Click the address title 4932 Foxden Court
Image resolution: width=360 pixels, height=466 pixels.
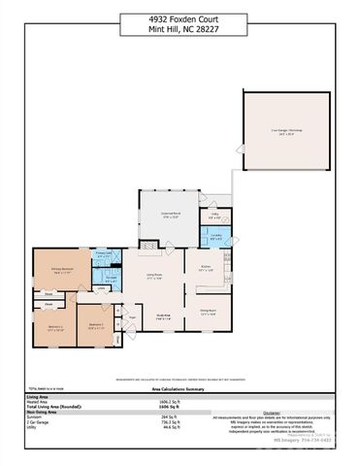(180, 17)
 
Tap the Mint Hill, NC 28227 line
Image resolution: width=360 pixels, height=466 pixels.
(180, 27)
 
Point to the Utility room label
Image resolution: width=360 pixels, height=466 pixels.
(216, 217)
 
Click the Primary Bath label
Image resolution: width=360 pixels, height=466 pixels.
(102, 256)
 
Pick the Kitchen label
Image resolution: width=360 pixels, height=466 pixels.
(207, 269)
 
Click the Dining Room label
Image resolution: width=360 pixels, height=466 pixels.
(208, 311)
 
